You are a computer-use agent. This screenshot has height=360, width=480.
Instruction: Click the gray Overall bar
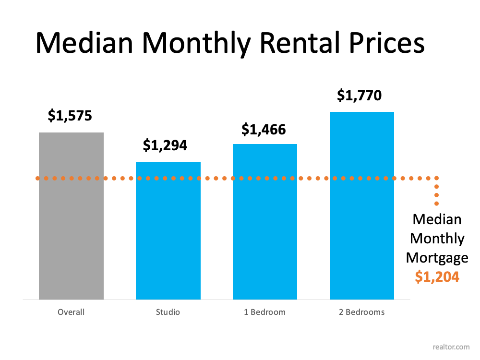pos(71,216)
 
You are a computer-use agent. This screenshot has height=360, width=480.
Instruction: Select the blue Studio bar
pos(168,230)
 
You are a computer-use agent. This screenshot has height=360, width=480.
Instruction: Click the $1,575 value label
pos(70,116)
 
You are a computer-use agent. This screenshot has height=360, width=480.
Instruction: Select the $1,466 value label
pos(264,129)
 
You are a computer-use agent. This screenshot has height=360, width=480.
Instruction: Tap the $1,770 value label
pos(360,96)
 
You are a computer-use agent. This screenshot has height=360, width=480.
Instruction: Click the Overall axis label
pos(71,312)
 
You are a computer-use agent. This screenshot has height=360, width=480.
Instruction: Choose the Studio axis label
pos(168,312)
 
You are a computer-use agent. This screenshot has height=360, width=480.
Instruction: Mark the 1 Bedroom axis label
pos(265,312)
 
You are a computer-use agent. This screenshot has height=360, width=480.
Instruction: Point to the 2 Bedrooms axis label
pos(362,312)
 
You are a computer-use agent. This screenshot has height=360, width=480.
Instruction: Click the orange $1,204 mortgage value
pos(437,276)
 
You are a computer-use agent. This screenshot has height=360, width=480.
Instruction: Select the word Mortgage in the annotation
pos(437,258)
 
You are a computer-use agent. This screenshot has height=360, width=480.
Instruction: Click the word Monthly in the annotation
pos(437,239)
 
